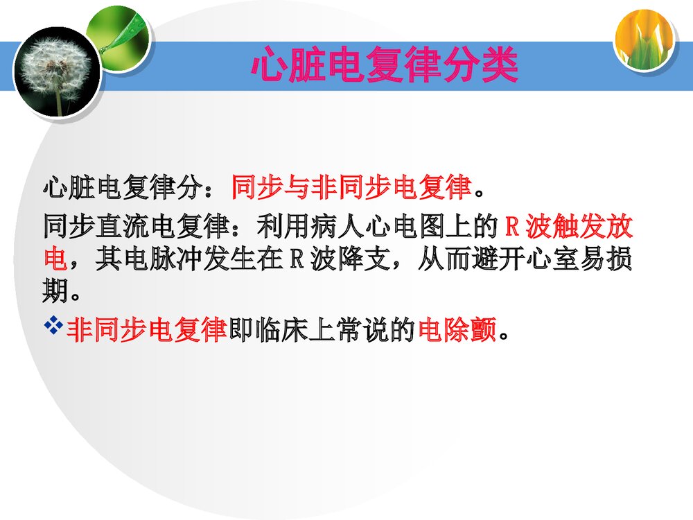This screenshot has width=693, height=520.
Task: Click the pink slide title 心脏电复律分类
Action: coord(385,66)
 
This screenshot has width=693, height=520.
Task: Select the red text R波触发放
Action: coord(568,227)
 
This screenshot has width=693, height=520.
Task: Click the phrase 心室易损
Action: coord(581,260)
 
